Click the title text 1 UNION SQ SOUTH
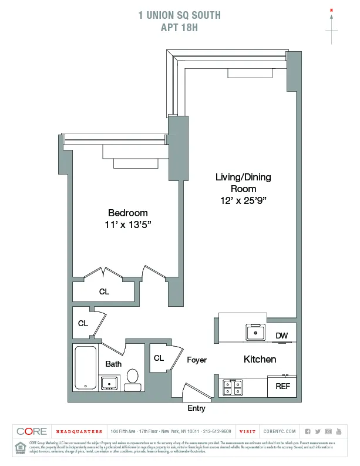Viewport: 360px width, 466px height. (180, 15)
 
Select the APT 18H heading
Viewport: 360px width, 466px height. (180, 26)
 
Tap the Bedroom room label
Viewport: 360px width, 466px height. (127, 213)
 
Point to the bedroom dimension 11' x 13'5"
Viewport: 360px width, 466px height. (127, 224)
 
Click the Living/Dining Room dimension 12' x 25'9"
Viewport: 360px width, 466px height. (243, 200)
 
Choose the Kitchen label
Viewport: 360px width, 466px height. (260, 359)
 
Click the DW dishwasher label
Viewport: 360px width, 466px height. (282, 336)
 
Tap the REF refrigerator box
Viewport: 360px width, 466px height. (282, 387)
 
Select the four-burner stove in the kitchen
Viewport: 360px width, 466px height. (233, 388)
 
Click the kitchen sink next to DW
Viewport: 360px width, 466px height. (255, 333)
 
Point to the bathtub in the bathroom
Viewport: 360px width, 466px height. (86, 368)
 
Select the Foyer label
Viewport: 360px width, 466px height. (197, 360)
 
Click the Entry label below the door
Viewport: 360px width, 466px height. (196, 408)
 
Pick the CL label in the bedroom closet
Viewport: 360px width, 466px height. (104, 291)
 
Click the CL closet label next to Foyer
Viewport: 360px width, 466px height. (159, 358)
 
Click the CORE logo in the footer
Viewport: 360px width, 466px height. (32, 431)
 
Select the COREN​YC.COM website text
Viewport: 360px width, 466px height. (280, 431)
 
